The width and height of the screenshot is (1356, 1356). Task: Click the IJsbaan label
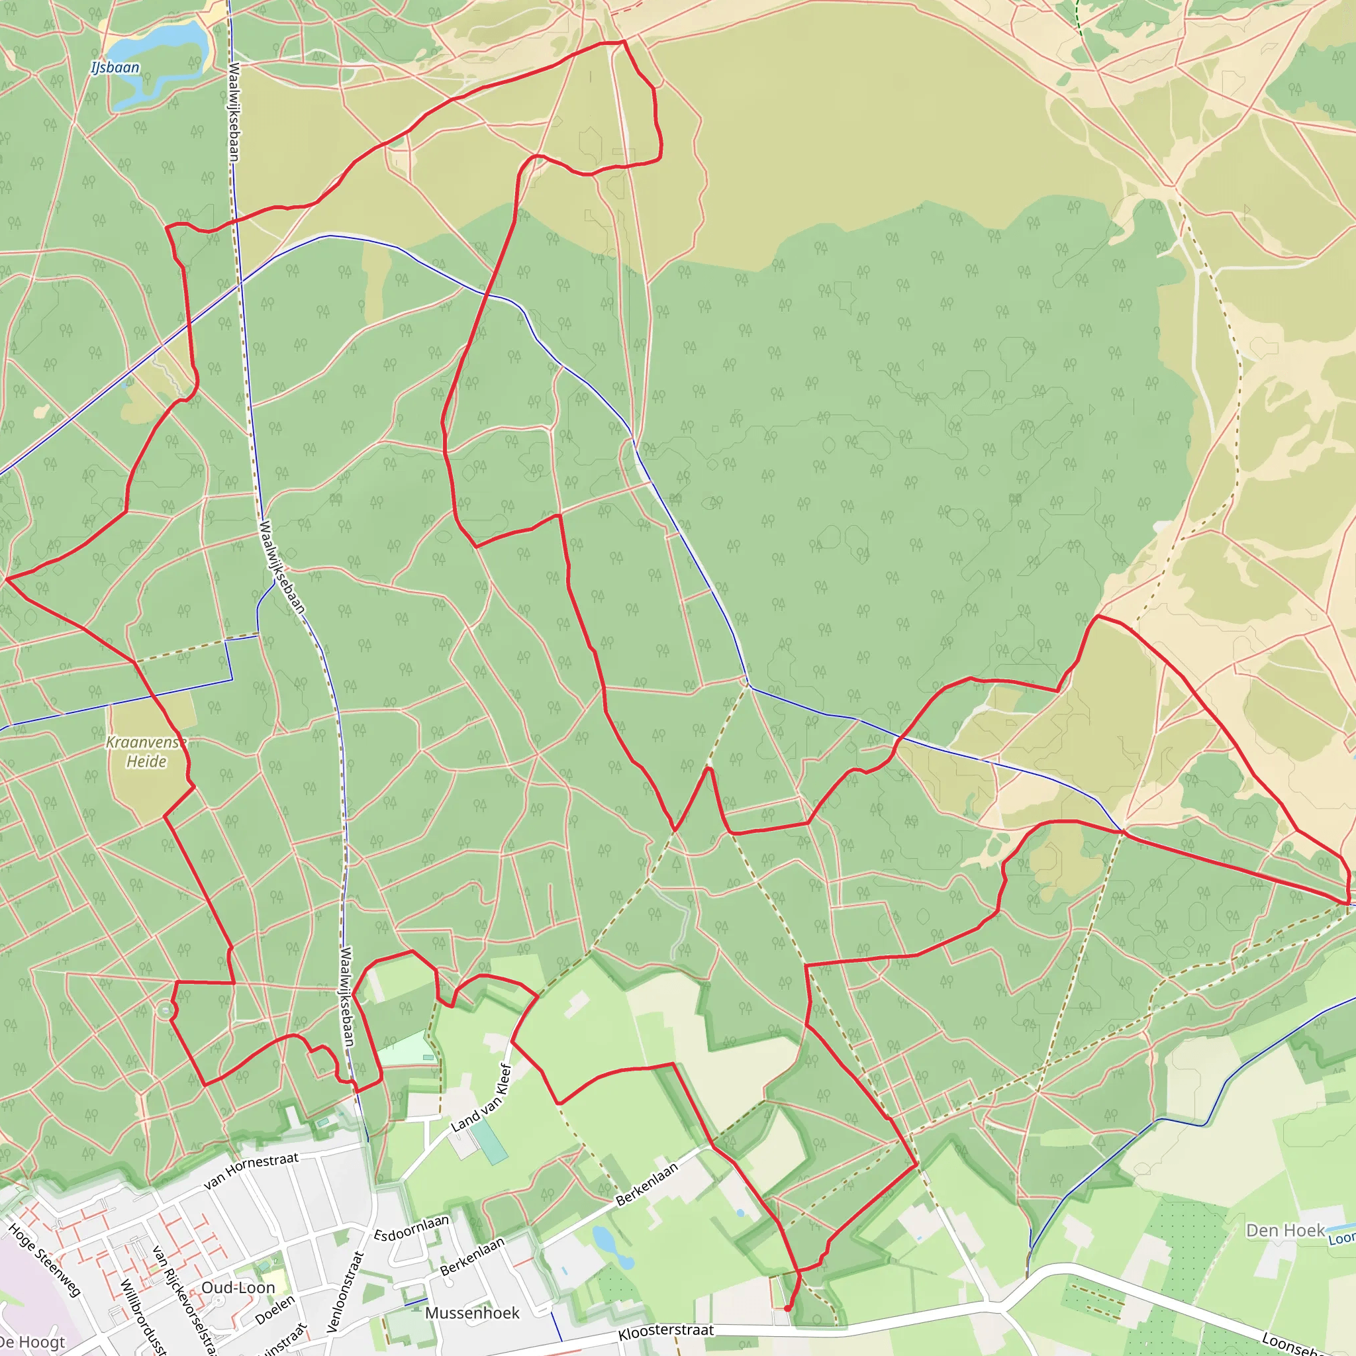pyautogui.click(x=115, y=68)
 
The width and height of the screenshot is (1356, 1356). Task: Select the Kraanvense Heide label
pyautogui.click(x=146, y=752)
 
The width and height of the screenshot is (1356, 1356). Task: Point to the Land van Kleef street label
pyautogui.click(x=481, y=1098)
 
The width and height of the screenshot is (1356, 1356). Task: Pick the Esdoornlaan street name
pyautogui.click(x=411, y=1228)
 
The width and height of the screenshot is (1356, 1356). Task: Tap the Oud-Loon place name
pyautogui.click(x=238, y=1287)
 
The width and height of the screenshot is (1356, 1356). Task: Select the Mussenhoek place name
pyautogui.click(x=472, y=1312)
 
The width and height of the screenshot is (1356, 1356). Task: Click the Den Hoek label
pyautogui.click(x=1285, y=1230)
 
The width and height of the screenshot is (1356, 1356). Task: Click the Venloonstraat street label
pyautogui.click(x=346, y=1291)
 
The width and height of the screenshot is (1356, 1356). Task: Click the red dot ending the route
pyautogui.click(x=787, y=1308)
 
